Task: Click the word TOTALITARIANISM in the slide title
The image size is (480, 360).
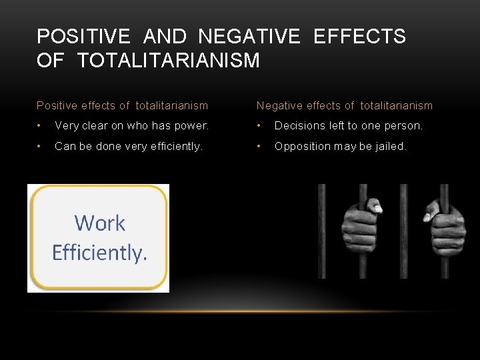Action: (168, 61)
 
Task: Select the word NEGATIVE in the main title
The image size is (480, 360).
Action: (250, 37)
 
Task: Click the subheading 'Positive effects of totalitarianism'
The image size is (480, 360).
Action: (122, 105)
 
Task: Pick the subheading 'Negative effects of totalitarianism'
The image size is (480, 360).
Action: (344, 105)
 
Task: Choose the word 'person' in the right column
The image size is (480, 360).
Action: (402, 125)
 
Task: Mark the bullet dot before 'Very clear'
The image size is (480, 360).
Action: (40, 125)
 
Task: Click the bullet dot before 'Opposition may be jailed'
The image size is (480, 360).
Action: (259, 146)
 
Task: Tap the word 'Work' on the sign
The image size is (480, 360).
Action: (99, 223)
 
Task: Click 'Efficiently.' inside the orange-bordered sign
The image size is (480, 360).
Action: (99, 253)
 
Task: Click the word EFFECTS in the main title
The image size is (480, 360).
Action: (359, 37)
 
